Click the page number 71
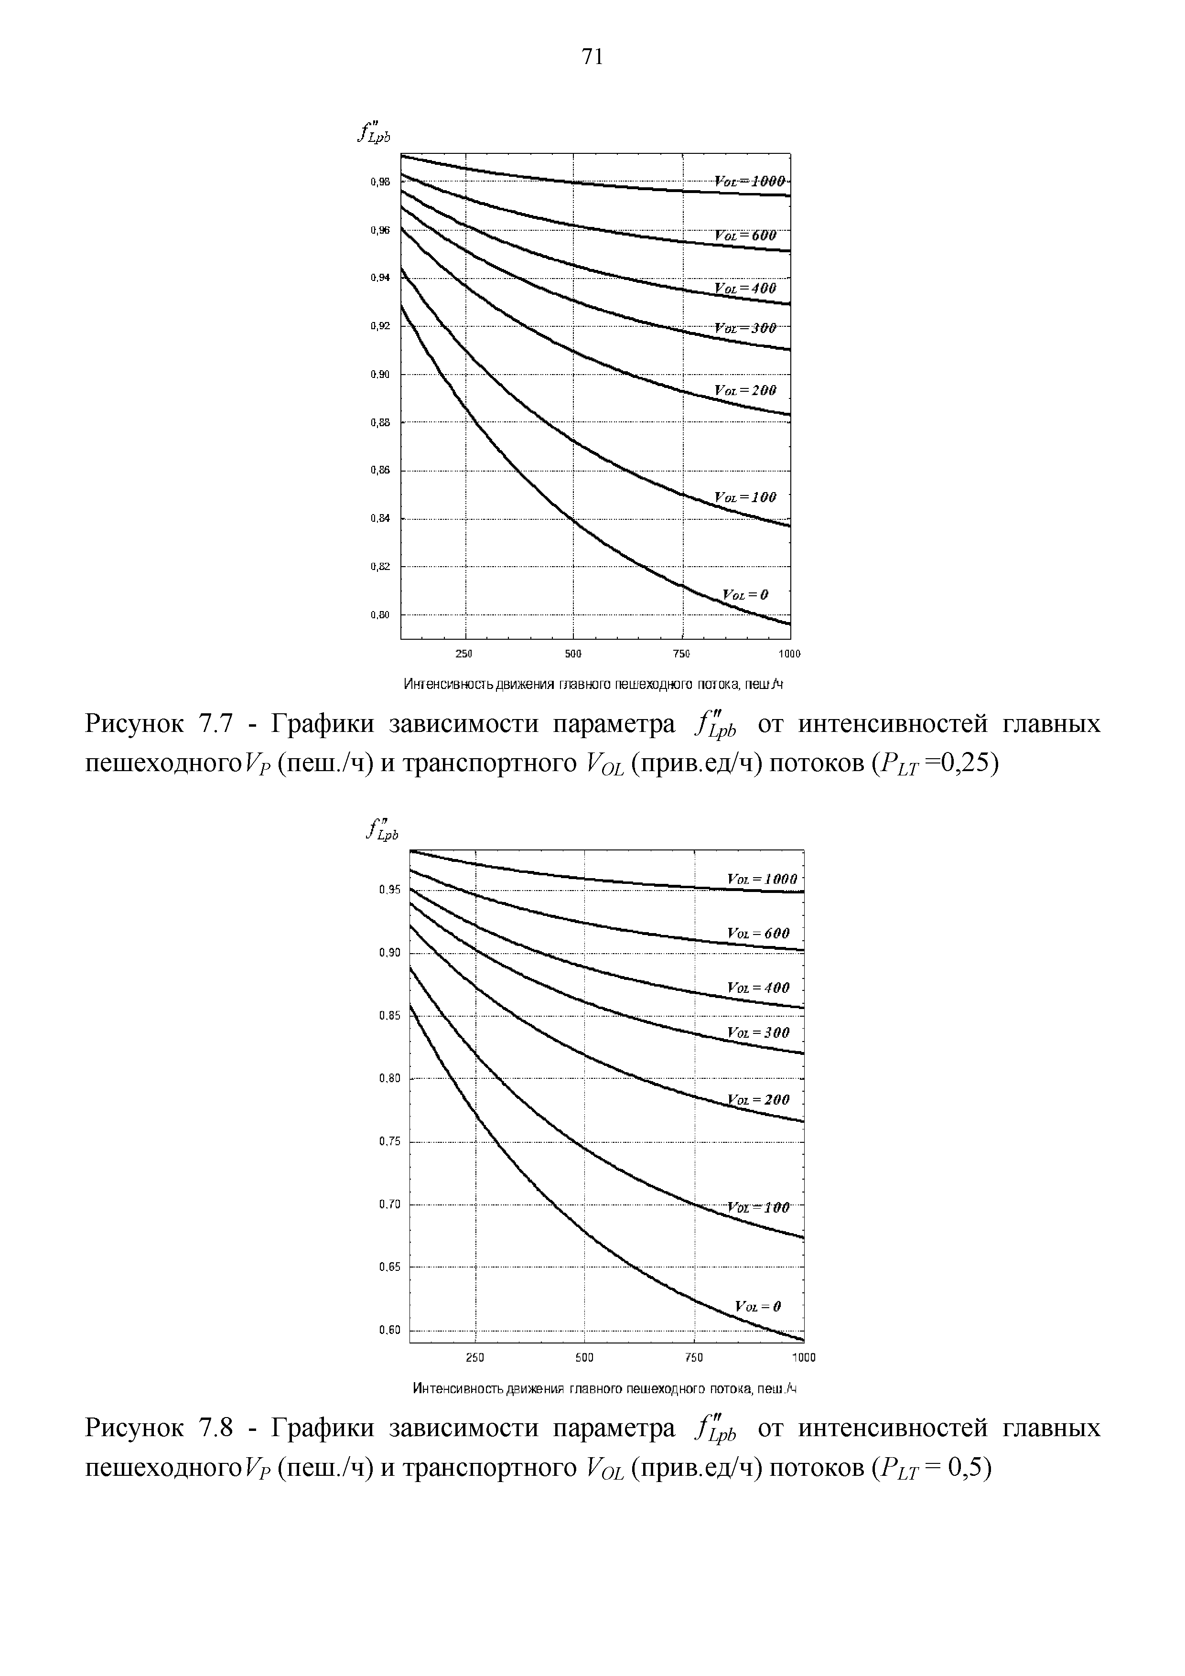click(592, 56)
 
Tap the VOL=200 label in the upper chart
click(745, 390)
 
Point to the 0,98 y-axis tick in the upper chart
click(380, 182)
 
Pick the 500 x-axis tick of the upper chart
click(573, 653)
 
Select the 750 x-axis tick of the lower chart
click(694, 1358)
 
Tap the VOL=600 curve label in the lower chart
click(758, 933)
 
